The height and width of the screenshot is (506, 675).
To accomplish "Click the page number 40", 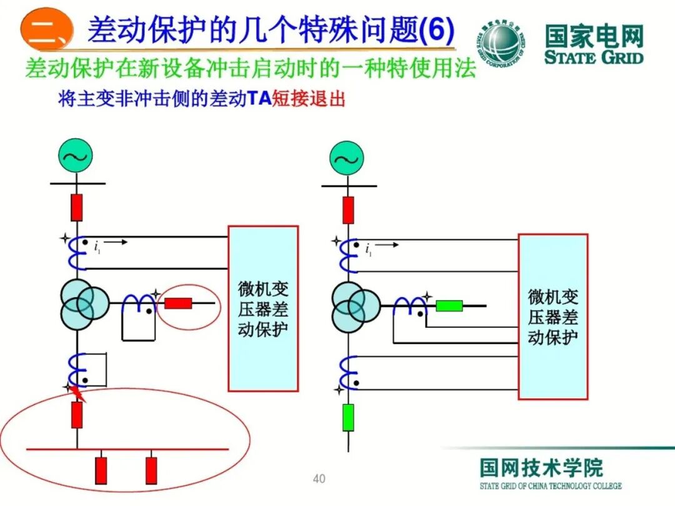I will point(319,479).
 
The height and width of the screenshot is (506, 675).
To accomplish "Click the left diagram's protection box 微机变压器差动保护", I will point(262,309).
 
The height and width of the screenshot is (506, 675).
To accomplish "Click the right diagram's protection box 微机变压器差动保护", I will point(552,317).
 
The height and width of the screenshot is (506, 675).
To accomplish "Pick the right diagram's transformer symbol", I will point(354,306).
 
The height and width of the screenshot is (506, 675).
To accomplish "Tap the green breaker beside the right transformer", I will point(449,305).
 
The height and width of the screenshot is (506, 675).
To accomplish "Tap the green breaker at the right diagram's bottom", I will point(348,417).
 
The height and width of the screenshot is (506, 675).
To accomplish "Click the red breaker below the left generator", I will point(76,207).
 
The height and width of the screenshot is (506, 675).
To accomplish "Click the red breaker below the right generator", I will point(348,210).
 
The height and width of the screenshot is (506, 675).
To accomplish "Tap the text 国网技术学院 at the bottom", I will point(541,468).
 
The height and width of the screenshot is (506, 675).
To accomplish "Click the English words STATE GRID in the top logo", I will point(594,58).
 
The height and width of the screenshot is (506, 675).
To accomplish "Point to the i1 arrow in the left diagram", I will point(118,242).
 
